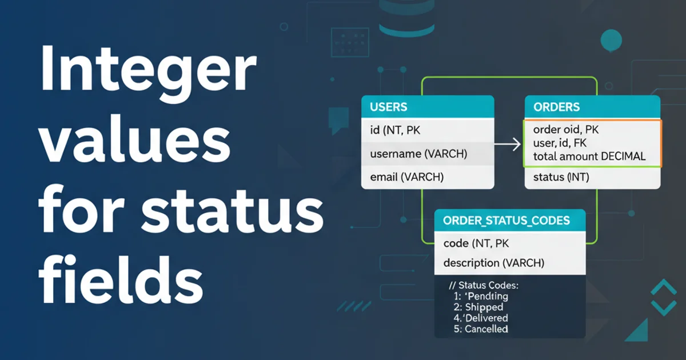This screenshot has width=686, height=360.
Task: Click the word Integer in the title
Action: click(148, 73)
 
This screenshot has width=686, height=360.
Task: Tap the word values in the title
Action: click(135, 140)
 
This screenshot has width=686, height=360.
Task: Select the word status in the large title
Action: click(232, 210)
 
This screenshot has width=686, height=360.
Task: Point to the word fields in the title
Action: click(121, 279)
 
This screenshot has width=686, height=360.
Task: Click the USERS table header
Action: click(428, 107)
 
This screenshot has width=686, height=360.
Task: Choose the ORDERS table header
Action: click(592, 107)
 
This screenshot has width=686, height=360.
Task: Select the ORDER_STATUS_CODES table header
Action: click(510, 221)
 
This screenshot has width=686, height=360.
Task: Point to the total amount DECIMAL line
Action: click(589, 157)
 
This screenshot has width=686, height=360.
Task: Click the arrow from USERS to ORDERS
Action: click(507, 145)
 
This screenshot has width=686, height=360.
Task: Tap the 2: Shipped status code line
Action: click(478, 307)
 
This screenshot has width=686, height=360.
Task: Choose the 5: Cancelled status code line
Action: click(481, 329)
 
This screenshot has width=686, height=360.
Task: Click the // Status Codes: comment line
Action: click(484, 285)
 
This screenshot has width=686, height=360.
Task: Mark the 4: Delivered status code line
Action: click(481, 318)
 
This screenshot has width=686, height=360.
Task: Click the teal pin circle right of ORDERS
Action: click(611, 41)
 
